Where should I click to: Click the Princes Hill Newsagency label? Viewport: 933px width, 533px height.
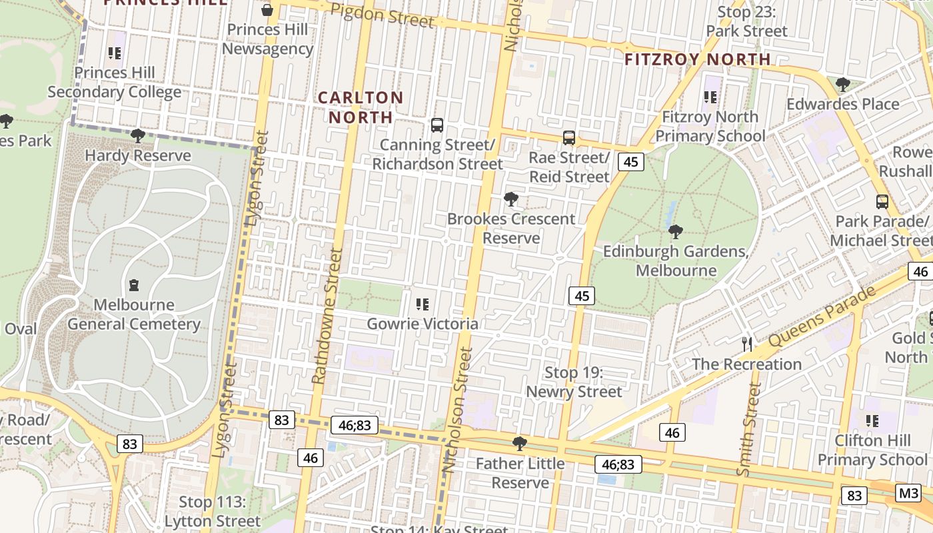[x=267, y=39]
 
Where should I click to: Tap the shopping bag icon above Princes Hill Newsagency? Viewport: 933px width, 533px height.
[x=267, y=10]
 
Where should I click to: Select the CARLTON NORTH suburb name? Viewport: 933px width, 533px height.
[x=361, y=107]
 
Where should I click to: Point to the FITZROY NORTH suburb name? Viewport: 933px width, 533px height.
[x=697, y=59]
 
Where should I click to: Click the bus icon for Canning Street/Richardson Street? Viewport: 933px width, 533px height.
[x=437, y=125]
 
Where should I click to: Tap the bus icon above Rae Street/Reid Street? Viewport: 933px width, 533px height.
[x=569, y=138]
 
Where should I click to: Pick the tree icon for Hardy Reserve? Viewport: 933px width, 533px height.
[x=138, y=136]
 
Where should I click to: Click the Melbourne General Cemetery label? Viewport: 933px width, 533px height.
[x=134, y=314]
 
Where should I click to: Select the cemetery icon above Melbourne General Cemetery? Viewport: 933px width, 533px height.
[x=134, y=285]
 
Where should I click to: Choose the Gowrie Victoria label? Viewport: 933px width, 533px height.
[x=423, y=324]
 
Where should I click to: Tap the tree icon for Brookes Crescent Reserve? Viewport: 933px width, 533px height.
[x=511, y=199]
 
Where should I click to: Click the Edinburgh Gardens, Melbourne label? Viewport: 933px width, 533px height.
[x=676, y=261]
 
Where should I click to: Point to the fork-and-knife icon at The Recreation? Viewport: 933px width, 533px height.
[x=747, y=344]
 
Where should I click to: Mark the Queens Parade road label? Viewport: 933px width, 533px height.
[x=820, y=317]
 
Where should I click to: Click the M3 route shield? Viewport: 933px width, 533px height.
[x=908, y=493]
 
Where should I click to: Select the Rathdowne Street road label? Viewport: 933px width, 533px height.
[x=327, y=316]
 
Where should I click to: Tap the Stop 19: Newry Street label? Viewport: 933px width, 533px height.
[x=574, y=382]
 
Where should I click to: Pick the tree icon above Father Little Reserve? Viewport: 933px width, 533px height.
[x=520, y=444]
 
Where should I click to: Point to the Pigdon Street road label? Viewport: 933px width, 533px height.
[x=382, y=15]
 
